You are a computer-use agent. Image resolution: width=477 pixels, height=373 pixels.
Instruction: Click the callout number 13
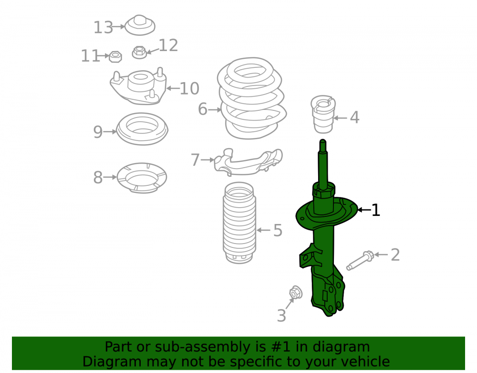pos(103,27)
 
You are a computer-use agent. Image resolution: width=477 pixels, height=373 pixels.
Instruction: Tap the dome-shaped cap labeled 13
pos(140,25)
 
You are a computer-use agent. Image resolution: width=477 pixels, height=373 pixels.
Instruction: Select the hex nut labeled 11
pos(115,57)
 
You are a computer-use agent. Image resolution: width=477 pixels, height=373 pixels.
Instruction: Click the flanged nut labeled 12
pos(139,53)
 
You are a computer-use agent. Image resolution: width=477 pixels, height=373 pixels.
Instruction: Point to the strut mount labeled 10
pos(138,86)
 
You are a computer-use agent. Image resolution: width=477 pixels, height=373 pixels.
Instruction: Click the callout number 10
pos(189,89)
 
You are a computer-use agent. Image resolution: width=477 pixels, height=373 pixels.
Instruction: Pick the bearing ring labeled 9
pos(142,129)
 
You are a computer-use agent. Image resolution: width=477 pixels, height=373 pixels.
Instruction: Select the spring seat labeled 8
pos(142,178)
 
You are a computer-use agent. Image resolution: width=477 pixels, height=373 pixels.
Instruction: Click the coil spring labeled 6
pos(252,98)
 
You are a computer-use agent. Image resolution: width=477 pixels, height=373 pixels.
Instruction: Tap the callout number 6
pos(203,109)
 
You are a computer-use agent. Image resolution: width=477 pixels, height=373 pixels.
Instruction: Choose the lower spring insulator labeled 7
pos(248,162)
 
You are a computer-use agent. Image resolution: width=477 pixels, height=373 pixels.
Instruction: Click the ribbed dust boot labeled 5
pos(239,223)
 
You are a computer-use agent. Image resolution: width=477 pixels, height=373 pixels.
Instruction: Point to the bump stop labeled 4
pos(323,114)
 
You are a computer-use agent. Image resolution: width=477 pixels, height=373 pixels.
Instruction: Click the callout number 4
pos(354,117)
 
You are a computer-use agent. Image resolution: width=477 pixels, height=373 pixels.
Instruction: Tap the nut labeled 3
pos(295,293)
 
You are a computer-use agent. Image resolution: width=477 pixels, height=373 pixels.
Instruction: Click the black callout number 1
pos(376,210)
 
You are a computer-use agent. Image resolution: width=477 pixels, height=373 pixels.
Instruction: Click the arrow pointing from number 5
pos(263,230)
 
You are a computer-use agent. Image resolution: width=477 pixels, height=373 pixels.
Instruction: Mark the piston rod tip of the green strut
pos(323,141)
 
